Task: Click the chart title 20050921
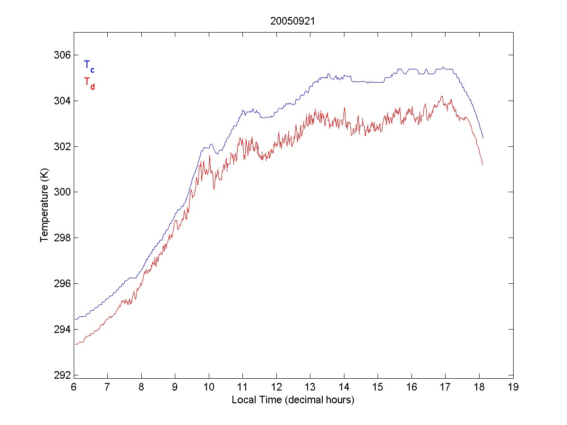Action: (293, 21)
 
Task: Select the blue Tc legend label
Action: (89, 66)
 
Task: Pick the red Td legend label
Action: (89, 83)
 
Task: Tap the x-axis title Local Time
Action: (293, 400)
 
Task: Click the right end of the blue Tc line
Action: (483, 138)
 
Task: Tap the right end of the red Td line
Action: (483, 165)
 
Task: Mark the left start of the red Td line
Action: (75, 345)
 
